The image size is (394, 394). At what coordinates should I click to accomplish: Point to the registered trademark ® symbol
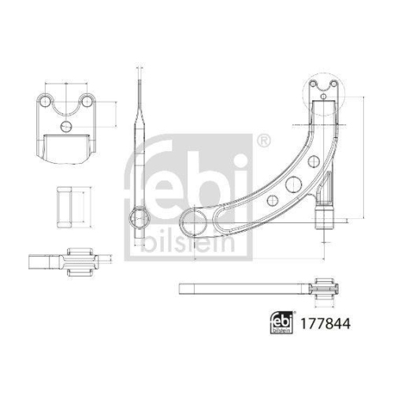(262, 139)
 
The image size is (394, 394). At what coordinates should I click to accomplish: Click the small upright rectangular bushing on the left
(66, 205)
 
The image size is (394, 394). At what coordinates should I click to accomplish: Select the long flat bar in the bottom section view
(244, 288)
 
